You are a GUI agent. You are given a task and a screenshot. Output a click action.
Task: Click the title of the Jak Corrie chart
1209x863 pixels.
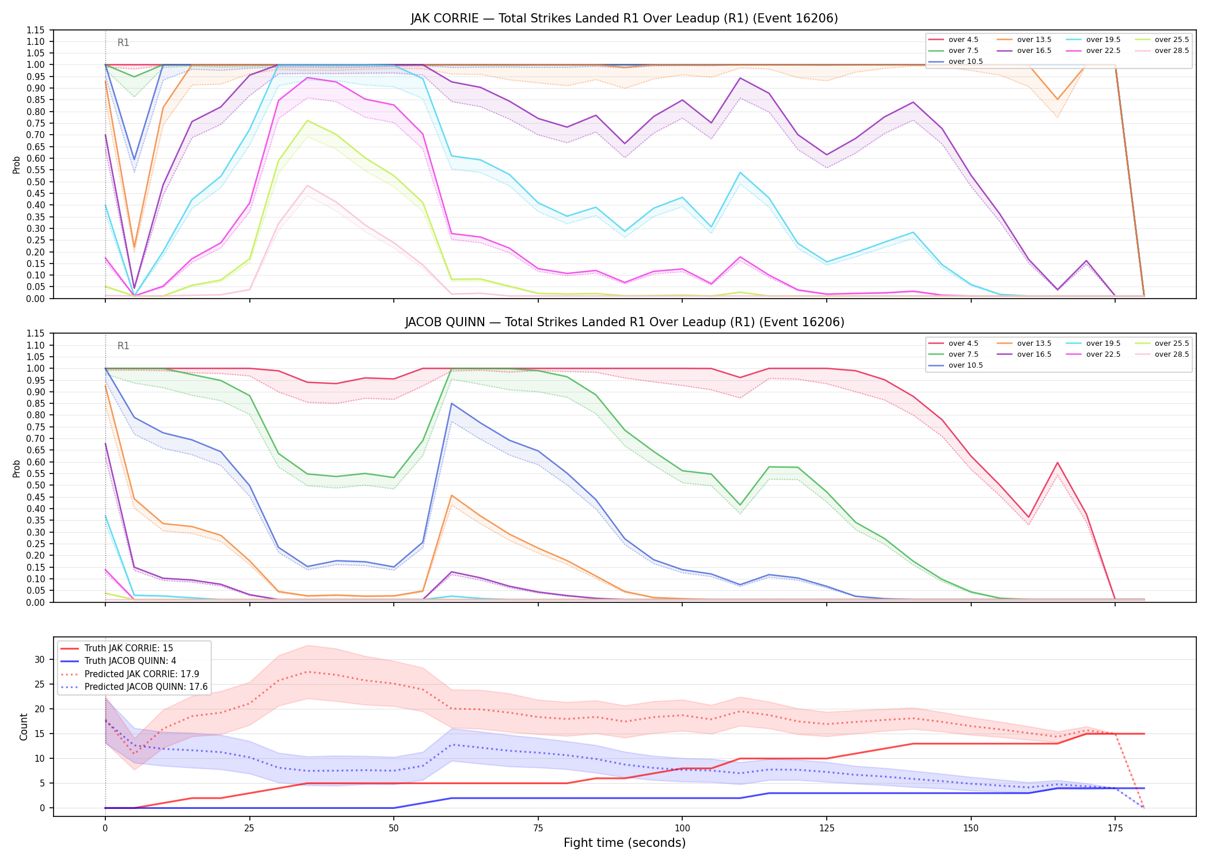pyautogui.click(x=624, y=18)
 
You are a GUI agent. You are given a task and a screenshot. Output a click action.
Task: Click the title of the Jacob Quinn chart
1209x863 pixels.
pyautogui.click(x=624, y=322)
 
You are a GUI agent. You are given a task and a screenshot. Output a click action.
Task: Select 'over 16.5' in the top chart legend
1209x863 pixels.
pyautogui.click(x=1034, y=51)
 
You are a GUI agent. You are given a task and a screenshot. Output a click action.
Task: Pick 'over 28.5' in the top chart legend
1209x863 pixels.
pyautogui.click(x=1172, y=51)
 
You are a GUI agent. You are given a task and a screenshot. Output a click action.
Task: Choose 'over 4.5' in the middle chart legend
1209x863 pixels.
pyautogui.click(x=963, y=343)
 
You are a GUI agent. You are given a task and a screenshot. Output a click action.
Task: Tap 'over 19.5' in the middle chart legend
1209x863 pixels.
pyautogui.click(x=1103, y=343)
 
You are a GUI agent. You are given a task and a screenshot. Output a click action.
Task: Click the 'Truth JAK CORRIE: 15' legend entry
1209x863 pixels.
pyautogui.click(x=128, y=648)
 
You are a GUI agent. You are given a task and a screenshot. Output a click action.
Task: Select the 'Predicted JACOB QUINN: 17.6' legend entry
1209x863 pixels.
pyautogui.click(x=146, y=687)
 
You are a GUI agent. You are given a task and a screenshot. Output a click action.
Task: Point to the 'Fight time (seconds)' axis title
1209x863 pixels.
pyautogui.click(x=625, y=843)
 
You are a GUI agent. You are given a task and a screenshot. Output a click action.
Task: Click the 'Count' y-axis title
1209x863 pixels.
pyautogui.click(x=24, y=727)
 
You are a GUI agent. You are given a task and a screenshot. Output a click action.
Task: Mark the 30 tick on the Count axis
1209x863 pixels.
pyautogui.click(x=40, y=660)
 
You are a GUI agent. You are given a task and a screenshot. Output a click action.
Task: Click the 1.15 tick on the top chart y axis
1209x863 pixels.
pyautogui.click(x=36, y=30)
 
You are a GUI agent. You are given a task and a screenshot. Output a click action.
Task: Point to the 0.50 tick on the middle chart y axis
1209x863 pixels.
pyautogui.click(x=36, y=485)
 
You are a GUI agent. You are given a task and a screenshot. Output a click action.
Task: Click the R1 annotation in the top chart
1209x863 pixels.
pyautogui.click(x=123, y=43)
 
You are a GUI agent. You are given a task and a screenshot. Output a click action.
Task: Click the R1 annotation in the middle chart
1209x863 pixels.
pyautogui.click(x=123, y=346)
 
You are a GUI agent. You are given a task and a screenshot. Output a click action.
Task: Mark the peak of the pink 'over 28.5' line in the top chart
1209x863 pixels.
pyautogui.click(x=307, y=185)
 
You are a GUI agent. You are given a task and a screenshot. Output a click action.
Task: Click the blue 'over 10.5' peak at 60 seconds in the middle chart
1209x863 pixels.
pyautogui.click(x=452, y=403)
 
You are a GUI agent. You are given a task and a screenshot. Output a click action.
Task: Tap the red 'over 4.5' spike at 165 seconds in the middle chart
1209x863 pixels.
pyautogui.click(x=1057, y=463)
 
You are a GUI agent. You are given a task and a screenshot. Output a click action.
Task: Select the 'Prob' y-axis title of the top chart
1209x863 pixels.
pyautogui.click(x=17, y=165)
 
